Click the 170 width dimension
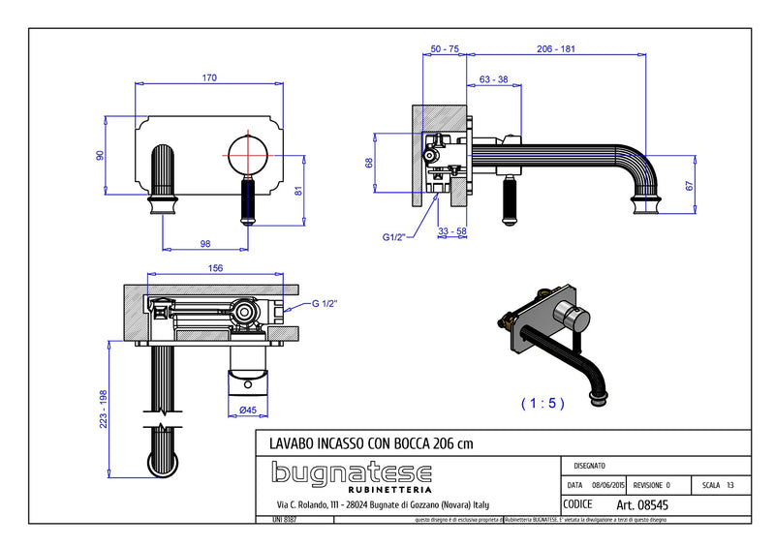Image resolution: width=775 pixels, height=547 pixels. (x=209, y=77)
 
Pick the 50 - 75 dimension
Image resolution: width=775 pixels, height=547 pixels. (x=445, y=47)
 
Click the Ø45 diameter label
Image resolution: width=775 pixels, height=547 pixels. (x=247, y=410)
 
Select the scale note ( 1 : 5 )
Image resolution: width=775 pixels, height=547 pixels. (x=542, y=402)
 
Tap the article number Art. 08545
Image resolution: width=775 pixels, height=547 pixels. (x=642, y=504)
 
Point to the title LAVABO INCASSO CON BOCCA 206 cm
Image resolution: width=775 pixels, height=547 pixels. (x=371, y=442)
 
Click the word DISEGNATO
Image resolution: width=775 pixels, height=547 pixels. (x=592, y=466)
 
